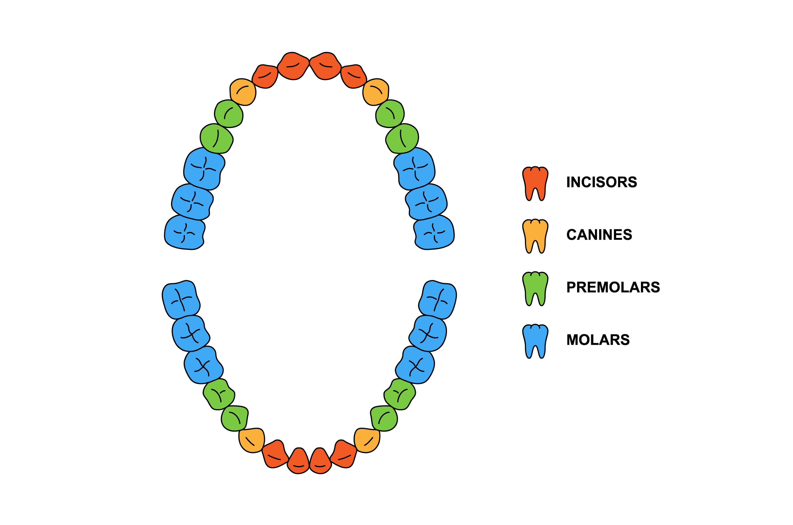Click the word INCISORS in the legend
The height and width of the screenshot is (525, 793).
coord(601,182)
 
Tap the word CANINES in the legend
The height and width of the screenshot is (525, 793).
coord(599,235)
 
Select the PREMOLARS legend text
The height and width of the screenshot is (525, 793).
coord(613,287)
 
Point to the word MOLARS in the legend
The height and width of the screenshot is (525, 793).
coord(598,340)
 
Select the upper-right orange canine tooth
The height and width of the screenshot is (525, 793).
coord(376,92)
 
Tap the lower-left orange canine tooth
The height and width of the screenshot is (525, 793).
coord(251,440)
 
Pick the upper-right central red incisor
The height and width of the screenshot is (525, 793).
coord(325,66)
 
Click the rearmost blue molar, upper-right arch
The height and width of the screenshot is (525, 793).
coord(434,232)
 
